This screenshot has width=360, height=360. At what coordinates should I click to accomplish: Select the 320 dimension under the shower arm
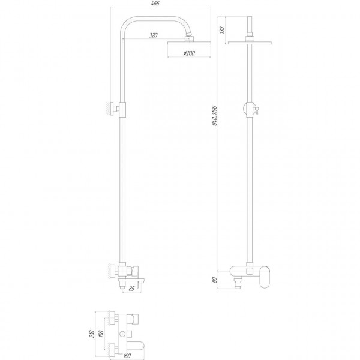click(x=154, y=36)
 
